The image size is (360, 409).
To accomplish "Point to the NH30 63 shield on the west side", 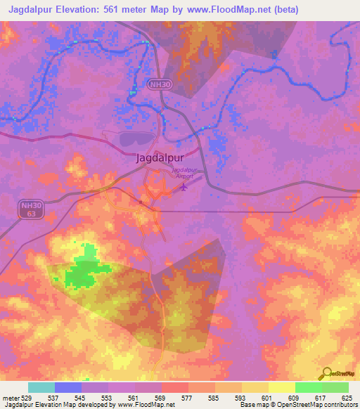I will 29,209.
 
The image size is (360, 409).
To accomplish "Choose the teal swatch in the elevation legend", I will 41,387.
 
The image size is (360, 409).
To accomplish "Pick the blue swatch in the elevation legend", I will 68,387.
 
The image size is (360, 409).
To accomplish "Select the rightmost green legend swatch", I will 335,387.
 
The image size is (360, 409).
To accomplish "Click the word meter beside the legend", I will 10,397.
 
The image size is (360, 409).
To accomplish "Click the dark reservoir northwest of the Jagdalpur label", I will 134,140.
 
